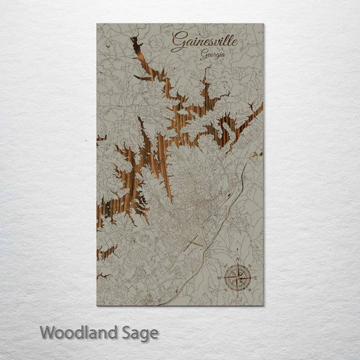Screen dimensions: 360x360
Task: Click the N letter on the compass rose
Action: pyautogui.click(x=238, y=259)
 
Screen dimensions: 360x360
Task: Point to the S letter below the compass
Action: pyautogui.click(x=237, y=296)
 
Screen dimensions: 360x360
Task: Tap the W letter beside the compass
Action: pyautogui.click(x=219, y=277)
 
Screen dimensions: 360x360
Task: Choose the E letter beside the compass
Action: pyautogui.click(x=255, y=277)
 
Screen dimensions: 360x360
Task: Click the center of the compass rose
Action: pyautogui.click(x=237, y=277)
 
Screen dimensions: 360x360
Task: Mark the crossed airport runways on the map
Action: pyautogui.click(x=192, y=243)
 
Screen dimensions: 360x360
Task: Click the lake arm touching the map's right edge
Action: pyautogui.click(x=252, y=112)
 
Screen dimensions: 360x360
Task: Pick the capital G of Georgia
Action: pyautogui.click(x=203, y=55)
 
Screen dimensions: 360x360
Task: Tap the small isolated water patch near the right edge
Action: pyautogui.click(x=257, y=154)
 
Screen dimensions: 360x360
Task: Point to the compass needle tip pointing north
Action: pyautogui.click(x=238, y=265)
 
